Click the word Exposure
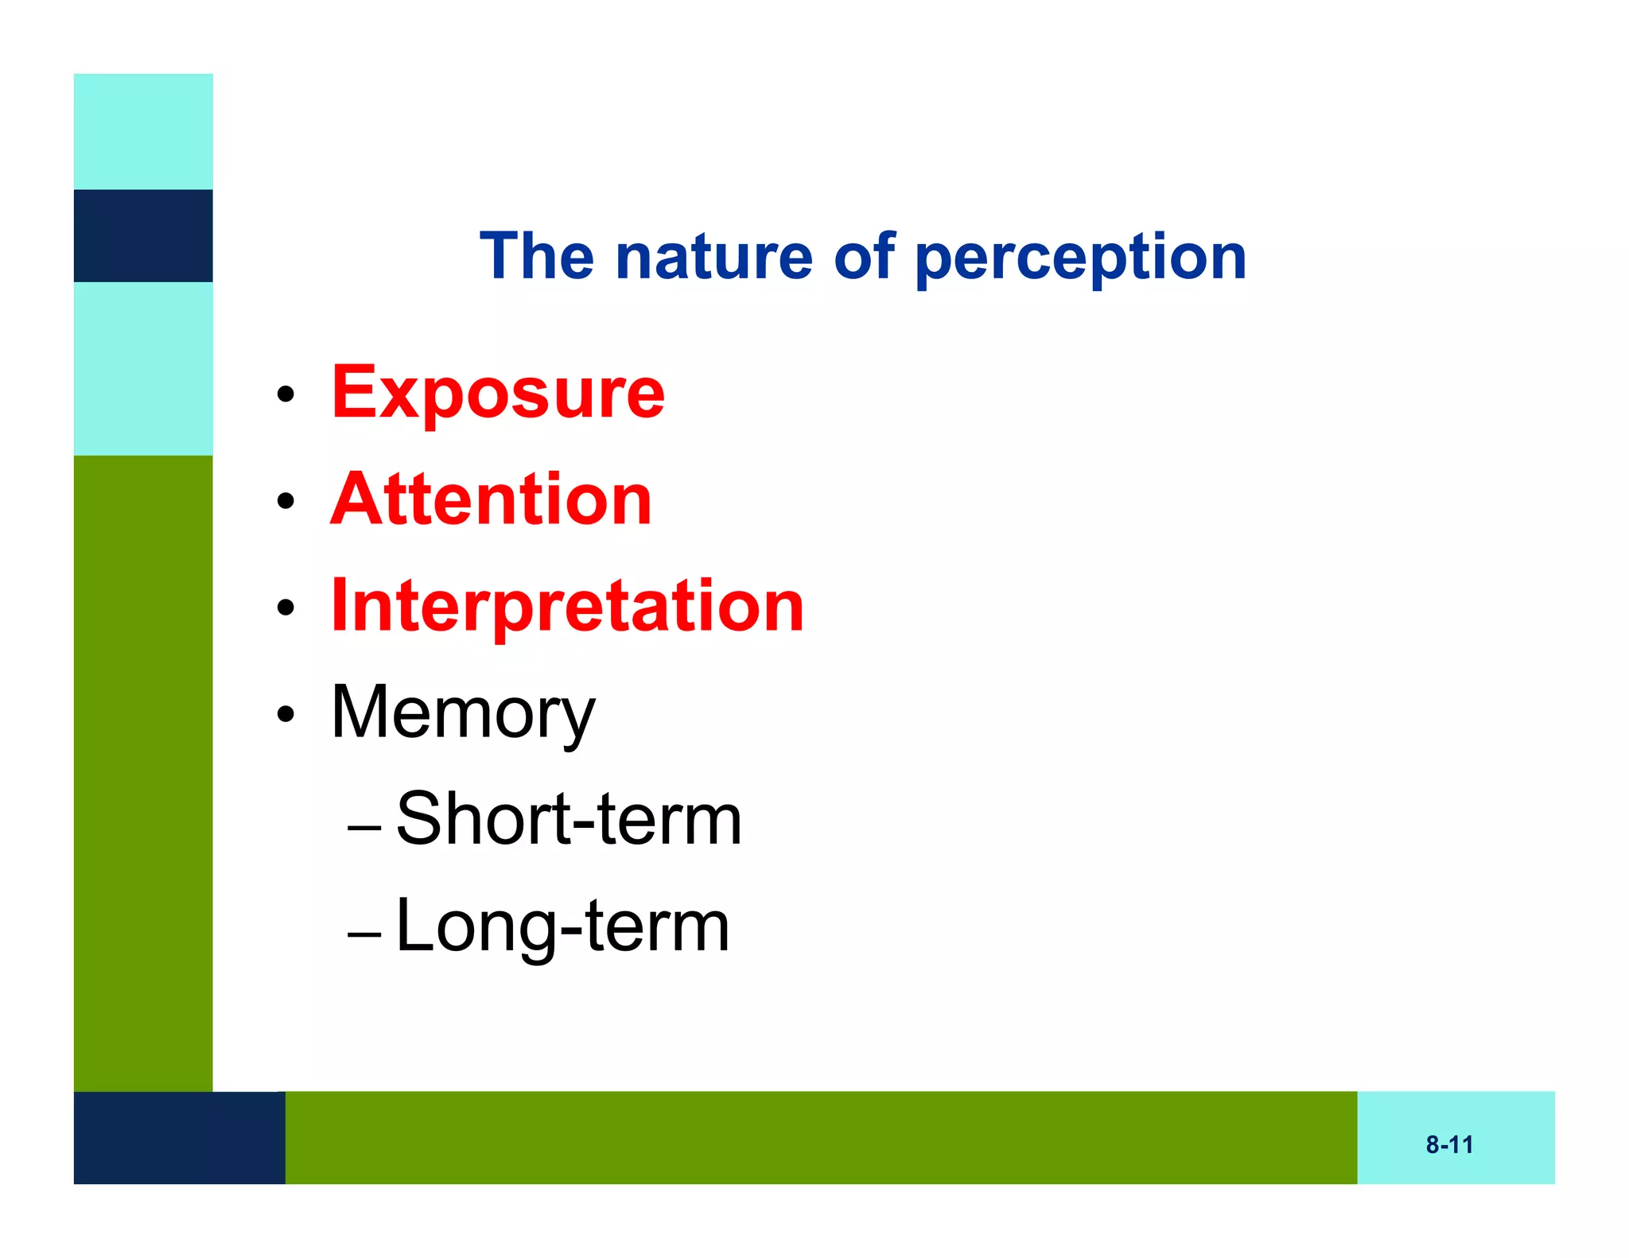pyautogui.click(x=498, y=393)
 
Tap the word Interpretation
pyautogui.click(x=567, y=606)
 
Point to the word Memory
pyautogui.click(x=462, y=713)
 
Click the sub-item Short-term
pyautogui.click(x=569, y=819)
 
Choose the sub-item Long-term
pyautogui.click(x=562, y=926)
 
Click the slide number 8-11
pyautogui.click(x=1449, y=1145)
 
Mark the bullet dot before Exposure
pyautogui.click(x=286, y=394)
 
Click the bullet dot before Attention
pyautogui.click(x=286, y=501)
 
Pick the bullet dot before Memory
pyautogui.click(x=286, y=715)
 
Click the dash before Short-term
pyautogui.click(x=365, y=828)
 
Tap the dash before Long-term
pyautogui.click(x=365, y=934)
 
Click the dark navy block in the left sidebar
pyautogui.click(x=143, y=235)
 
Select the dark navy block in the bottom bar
pyautogui.click(x=179, y=1138)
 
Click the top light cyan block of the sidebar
pyautogui.click(x=143, y=131)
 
